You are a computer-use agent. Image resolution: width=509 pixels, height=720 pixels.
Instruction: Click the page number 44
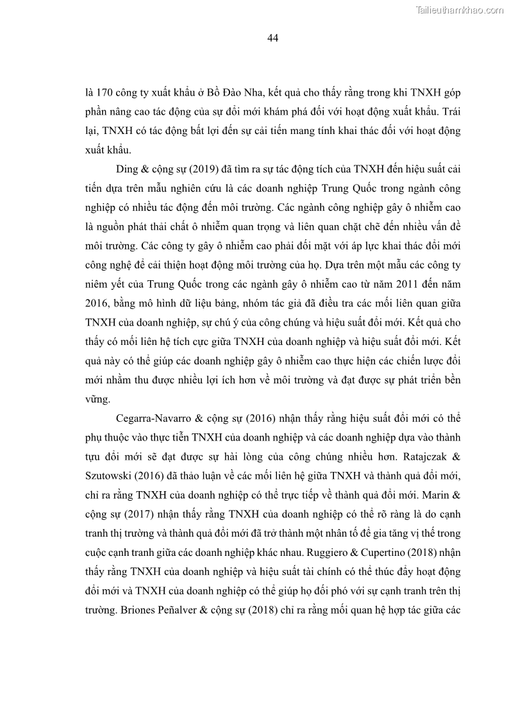pos(272,38)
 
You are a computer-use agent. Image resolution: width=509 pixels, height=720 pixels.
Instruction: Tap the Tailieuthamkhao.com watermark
pos(460,10)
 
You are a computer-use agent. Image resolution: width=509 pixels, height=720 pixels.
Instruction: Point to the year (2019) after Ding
pos(204,169)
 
